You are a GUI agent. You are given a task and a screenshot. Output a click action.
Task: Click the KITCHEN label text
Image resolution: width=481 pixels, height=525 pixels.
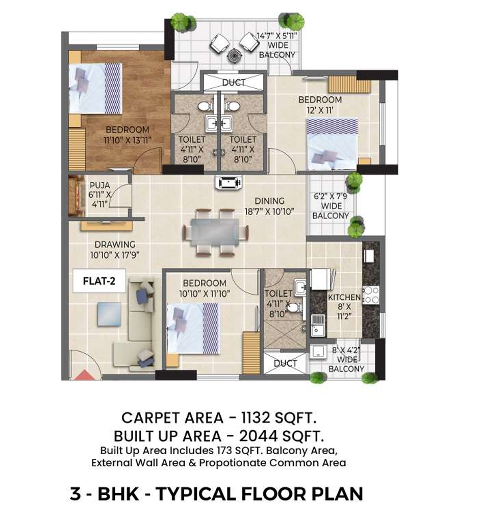pos(344,297)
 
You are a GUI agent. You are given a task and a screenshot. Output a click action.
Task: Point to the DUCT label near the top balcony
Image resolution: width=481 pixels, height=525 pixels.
pos(234,82)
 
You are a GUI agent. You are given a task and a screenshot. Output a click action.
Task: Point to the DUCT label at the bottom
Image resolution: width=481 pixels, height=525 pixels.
pos(285,363)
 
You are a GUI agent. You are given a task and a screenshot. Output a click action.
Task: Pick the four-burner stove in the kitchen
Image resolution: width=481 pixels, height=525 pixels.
pos(371,295)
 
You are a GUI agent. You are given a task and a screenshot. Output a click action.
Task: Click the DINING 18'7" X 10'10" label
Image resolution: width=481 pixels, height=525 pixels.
pos(270,206)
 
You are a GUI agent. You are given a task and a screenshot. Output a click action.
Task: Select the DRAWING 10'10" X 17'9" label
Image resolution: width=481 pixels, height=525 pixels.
pos(115,249)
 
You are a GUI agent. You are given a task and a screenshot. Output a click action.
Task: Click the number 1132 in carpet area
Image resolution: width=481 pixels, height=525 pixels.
pos(246,418)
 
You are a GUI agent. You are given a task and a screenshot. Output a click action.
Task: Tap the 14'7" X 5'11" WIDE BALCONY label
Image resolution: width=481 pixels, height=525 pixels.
pos(276,45)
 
